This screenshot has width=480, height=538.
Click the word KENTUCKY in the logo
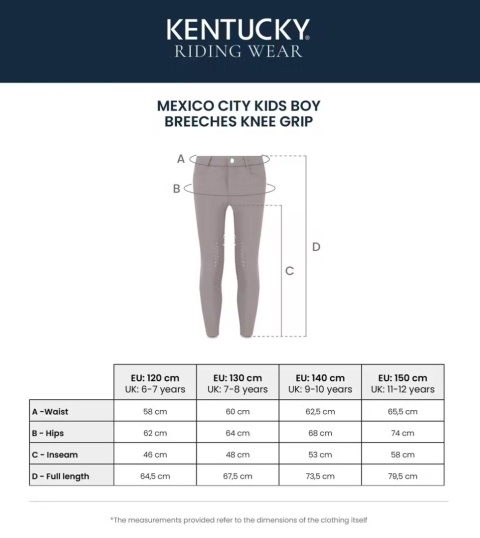[x=238, y=29]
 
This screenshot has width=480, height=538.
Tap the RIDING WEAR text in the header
[x=238, y=51]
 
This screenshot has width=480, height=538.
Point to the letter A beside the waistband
[x=181, y=158]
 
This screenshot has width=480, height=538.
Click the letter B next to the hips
[x=176, y=188]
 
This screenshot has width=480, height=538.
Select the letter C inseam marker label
[x=289, y=270]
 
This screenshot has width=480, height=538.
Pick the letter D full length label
[x=316, y=247]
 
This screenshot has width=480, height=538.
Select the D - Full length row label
[x=61, y=476]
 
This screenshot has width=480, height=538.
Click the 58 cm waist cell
[x=155, y=411]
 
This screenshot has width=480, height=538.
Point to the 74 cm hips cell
[x=403, y=433]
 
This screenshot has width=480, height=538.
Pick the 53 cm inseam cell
[x=320, y=455]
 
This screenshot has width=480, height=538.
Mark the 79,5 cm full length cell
[x=403, y=476]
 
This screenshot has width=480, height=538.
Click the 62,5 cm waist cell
[x=320, y=411]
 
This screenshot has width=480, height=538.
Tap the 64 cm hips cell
[x=238, y=433]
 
